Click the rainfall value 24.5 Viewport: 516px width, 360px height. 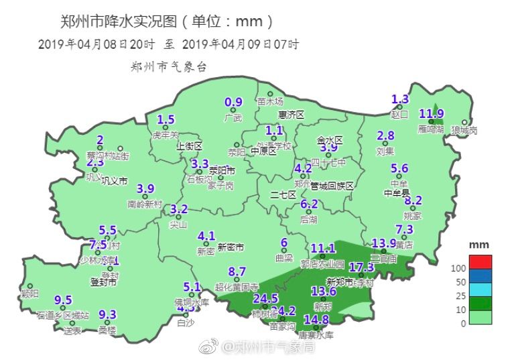pyautogui.click(x=265, y=298)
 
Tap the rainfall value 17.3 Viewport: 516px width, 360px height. pyautogui.click(x=361, y=267)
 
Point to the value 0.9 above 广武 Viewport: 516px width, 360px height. pyautogui.click(x=233, y=103)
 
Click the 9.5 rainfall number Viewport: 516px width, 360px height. pyautogui.click(x=63, y=300)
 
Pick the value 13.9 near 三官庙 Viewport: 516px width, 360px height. pyautogui.click(x=384, y=243)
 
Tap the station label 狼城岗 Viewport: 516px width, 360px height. pyautogui.click(x=464, y=131)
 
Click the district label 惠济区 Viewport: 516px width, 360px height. pyautogui.click(x=292, y=115)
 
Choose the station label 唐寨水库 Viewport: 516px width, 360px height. pyautogui.click(x=316, y=335)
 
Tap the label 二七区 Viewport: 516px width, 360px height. pyautogui.click(x=283, y=194)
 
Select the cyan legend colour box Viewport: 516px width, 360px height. pyautogui.click(x=480, y=290)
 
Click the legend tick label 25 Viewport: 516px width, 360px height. pyautogui.click(x=460, y=296)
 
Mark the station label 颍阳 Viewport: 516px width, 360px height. pyautogui.click(x=30, y=294)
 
